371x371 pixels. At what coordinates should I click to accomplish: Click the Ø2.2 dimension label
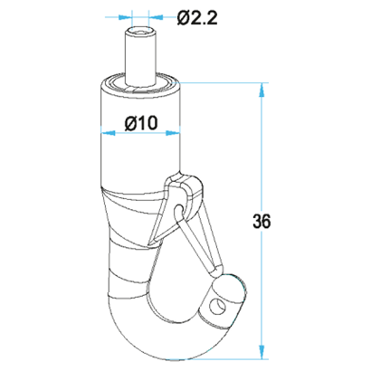pyautogui.click(x=197, y=18)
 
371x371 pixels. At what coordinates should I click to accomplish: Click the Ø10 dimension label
pyautogui.click(x=141, y=123)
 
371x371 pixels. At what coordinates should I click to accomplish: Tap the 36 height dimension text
pyautogui.click(x=262, y=222)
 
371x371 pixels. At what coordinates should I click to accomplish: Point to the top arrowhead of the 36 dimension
pyautogui.click(x=262, y=90)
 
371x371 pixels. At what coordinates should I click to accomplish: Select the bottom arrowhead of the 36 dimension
pyautogui.click(x=262, y=352)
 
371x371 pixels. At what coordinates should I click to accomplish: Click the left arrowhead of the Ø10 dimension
pyautogui.click(x=108, y=133)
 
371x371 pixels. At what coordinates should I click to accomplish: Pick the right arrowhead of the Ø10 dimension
pyautogui.click(x=173, y=133)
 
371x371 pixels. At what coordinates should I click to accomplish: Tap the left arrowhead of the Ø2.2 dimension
pyautogui.click(x=125, y=17)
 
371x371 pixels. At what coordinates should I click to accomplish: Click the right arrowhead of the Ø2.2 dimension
pyautogui.click(x=156, y=17)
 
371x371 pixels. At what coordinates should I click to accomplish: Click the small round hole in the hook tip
pyautogui.click(x=218, y=307)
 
